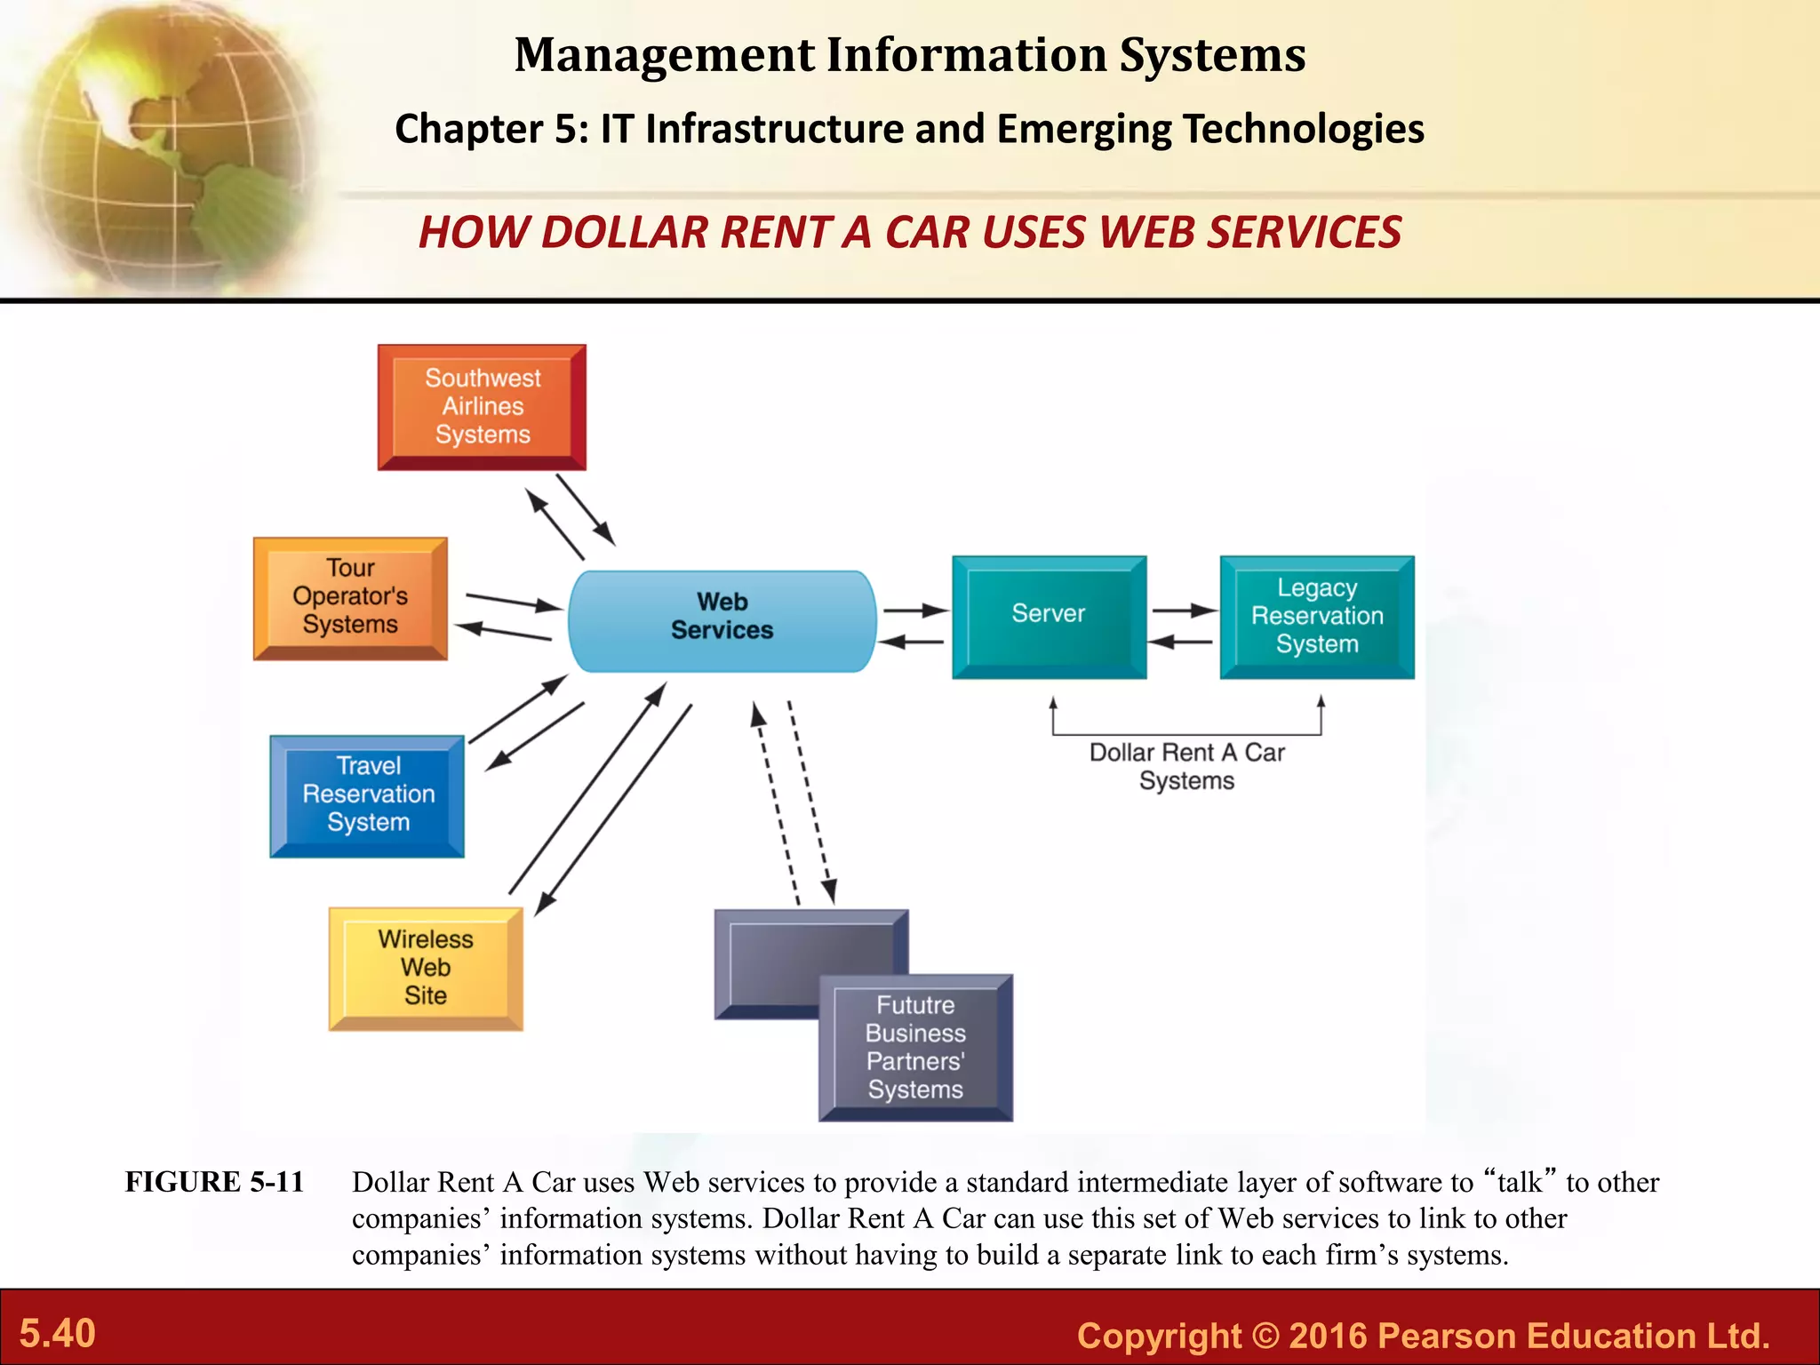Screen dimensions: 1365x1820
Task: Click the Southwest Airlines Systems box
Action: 482,407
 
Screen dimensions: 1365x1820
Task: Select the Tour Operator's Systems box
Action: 350,597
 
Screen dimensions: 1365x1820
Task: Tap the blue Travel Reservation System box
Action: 367,795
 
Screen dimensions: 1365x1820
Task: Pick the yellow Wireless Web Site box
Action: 426,968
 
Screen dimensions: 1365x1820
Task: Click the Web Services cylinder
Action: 722,619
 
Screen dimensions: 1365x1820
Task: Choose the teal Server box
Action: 1049,616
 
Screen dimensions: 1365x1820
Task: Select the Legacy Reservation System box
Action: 1317,616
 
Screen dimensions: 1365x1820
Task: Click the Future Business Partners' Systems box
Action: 915,1048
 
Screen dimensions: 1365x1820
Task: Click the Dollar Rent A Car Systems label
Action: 1186,766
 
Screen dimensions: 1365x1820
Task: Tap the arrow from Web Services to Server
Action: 915,611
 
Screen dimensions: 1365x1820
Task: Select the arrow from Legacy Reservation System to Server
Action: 1180,642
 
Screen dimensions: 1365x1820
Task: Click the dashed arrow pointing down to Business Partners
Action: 810,800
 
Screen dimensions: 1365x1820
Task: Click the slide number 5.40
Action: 58,1334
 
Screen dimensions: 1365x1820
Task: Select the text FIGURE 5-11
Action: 214,1182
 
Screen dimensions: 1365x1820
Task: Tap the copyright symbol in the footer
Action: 1265,1336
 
